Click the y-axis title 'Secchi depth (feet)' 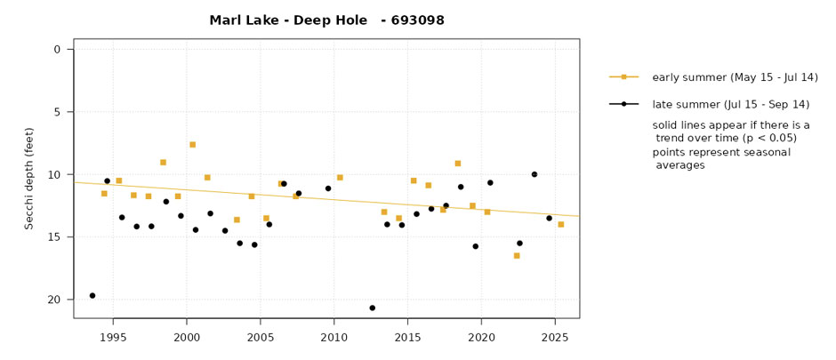click(29, 178)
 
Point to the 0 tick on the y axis click(57, 50)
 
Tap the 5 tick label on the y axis click(57, 112)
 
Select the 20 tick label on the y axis click(54, 300)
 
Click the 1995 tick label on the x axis click(113, 338)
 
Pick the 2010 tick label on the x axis click(334, 338)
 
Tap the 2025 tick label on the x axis click(555, 338)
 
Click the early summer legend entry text click(722, 77)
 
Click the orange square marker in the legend click(624, 77)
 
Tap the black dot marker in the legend click(624, 104)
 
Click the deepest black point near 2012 click(372, 308)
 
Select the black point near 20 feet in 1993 click(92, 295)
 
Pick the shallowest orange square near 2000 click(192, 144)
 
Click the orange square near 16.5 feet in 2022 click(517, 255)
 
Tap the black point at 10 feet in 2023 click(535, 174)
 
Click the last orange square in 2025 click(560, 224)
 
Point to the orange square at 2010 click(340, 177)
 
